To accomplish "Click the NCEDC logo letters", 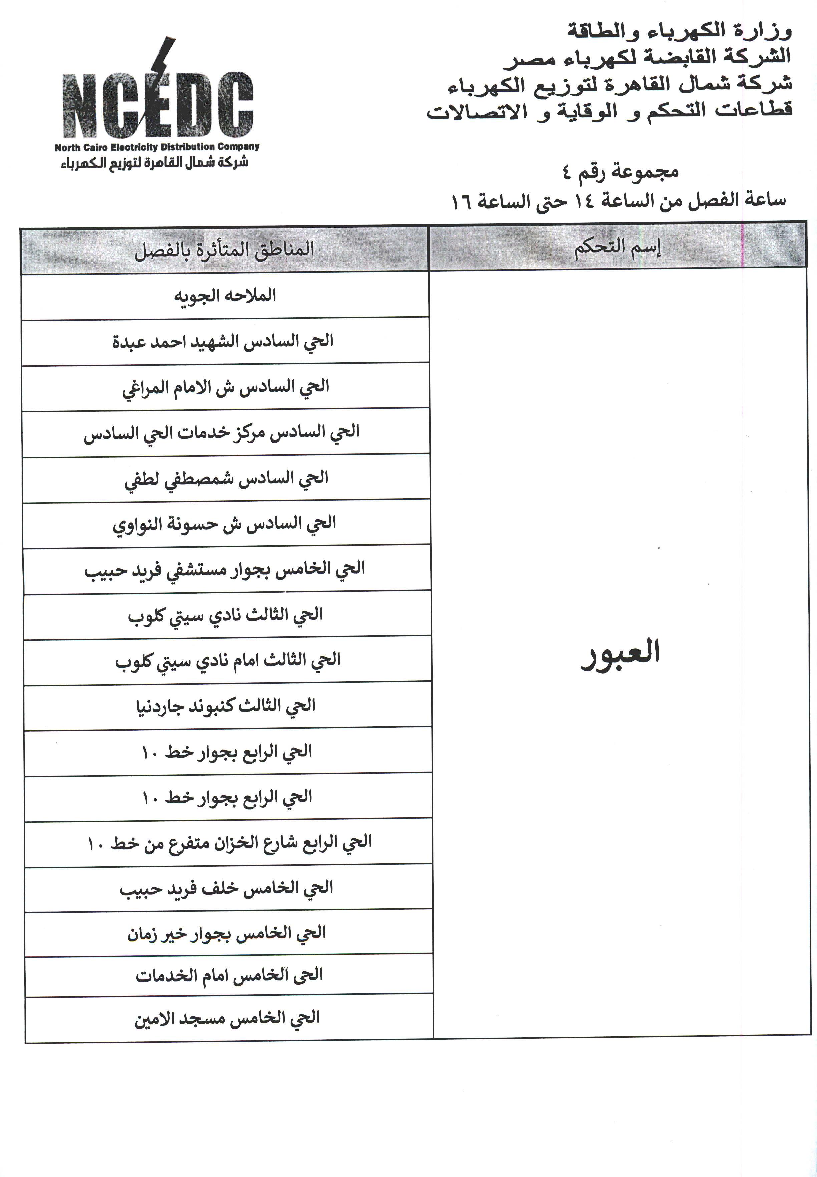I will [x=158, y=105].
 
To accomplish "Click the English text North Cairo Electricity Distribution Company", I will [x=157, y=147].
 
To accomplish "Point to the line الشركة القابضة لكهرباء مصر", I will [x=647, y=57].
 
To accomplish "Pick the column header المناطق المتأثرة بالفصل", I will [x=224, y=250].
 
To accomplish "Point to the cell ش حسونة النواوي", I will [x=224, y=524].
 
